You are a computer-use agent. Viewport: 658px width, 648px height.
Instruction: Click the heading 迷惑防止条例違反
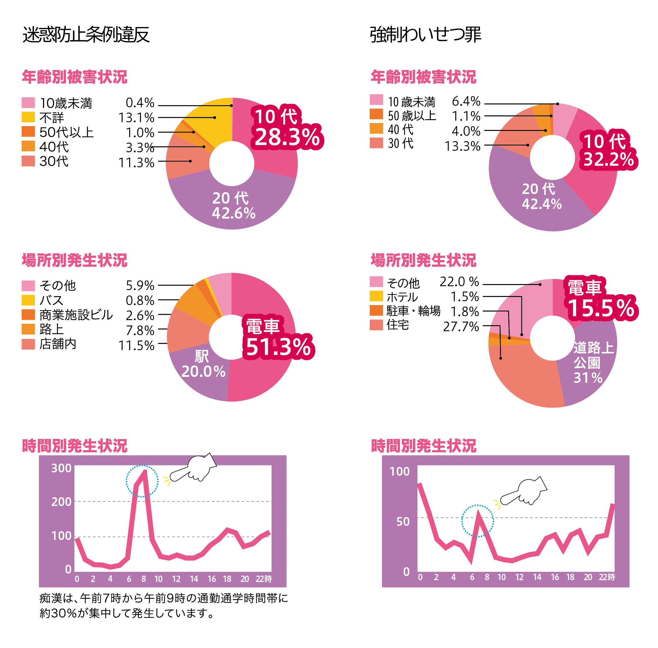click(86, 35)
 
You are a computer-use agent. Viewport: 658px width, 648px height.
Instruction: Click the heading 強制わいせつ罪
click(425, 35)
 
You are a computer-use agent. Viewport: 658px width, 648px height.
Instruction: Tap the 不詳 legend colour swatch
click(28, 117)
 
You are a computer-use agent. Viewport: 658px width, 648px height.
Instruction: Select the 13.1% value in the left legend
click(136, 118)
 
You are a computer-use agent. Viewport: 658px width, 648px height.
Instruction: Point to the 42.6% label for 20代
click(234, 213)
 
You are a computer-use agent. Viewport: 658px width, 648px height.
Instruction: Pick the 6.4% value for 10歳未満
click(466, 101)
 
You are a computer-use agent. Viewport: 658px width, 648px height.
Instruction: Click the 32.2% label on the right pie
click(608, 159)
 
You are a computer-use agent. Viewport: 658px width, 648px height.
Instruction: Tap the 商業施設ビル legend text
click(76, 315)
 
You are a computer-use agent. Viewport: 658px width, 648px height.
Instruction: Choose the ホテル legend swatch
click(376, 296)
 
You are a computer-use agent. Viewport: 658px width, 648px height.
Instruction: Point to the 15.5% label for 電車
click(601, 308)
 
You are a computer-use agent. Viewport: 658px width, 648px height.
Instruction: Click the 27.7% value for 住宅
click(461, 327)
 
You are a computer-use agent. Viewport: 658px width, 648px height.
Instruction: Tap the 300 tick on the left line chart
click(61, 468)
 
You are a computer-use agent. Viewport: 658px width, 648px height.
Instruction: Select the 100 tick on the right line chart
click(399, 471)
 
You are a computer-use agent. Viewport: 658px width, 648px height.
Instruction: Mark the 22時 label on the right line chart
click(607, 577)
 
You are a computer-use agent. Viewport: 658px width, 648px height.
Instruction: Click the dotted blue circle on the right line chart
click(477, 521)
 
